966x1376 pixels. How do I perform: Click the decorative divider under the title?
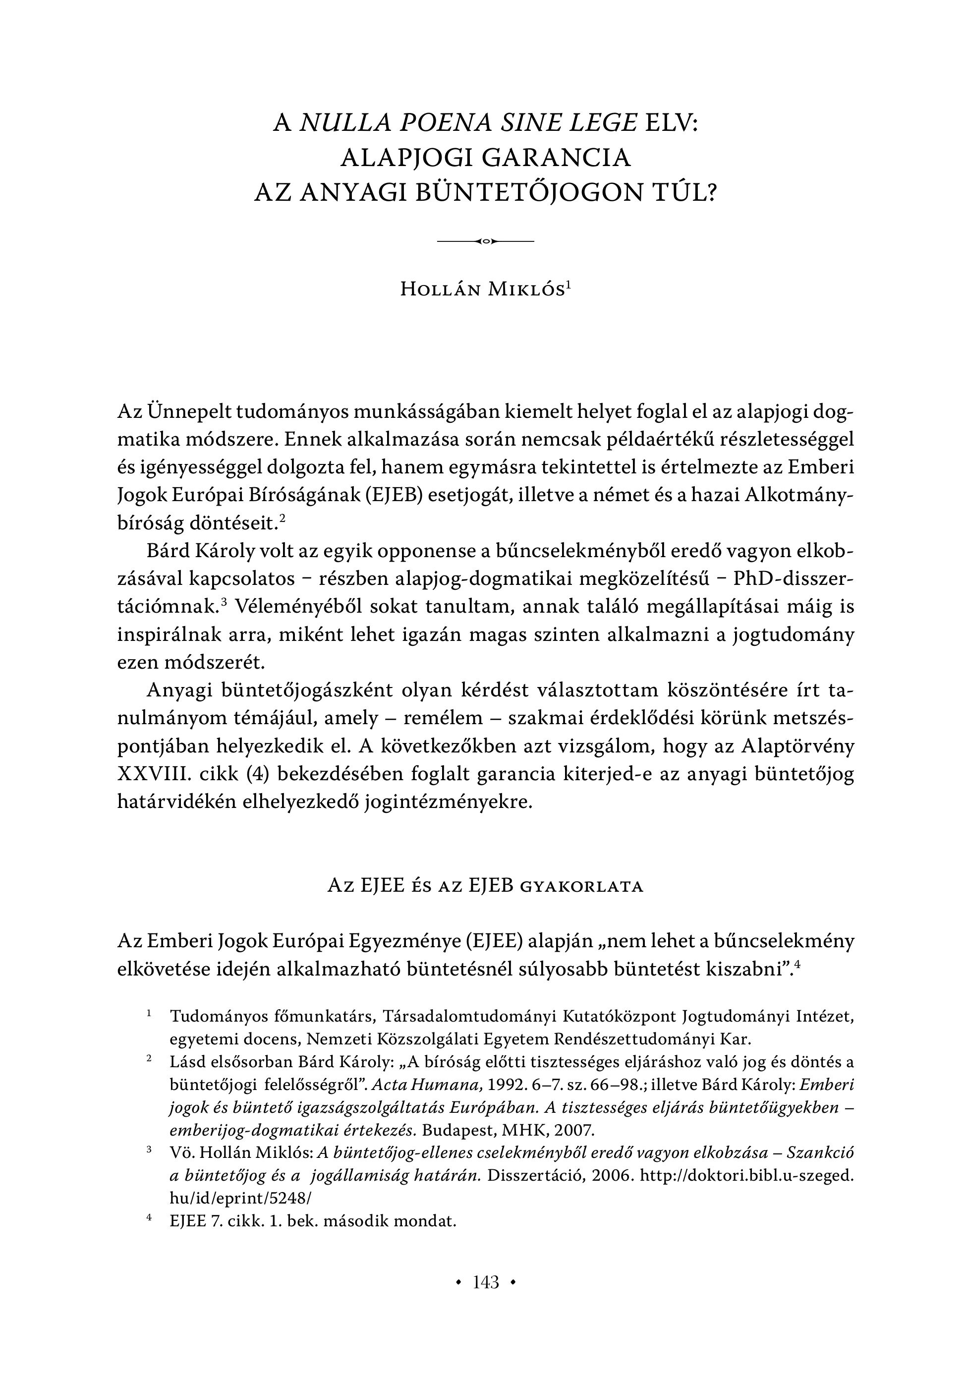(485, 241)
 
